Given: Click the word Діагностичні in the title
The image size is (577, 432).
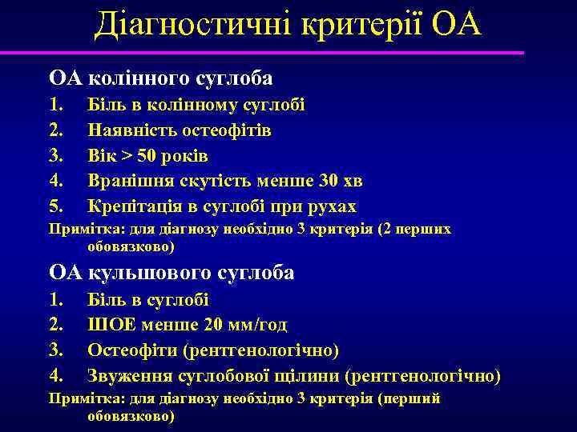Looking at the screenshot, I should pos(193,25).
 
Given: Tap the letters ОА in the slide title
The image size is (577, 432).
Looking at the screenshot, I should pos(456,25).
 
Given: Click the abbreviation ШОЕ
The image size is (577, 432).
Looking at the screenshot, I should pos(108,325).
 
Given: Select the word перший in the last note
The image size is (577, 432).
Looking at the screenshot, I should pos(414,398).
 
